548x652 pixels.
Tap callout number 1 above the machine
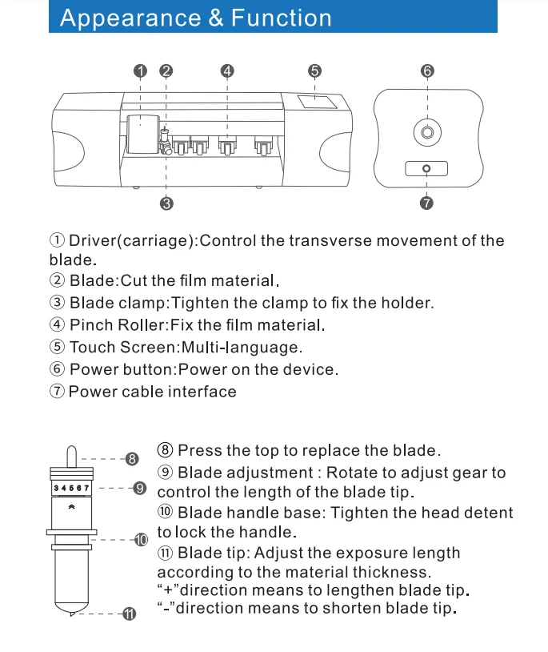tap(141, 70)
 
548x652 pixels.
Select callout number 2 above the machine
tap(166, 70)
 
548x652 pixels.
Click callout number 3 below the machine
tap(166, 203)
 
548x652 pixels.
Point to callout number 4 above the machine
tap(227, 70)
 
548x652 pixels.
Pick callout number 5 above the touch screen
tap(314, 70)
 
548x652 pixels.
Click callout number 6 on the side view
tap(427, 70)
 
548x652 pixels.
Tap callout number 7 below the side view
tap(426, 203)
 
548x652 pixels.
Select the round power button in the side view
tap(426, 131)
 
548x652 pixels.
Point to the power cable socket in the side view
tap(426, 168)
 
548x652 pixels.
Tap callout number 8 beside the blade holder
tap(133, 459)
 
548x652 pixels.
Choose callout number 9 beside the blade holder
tap(140, 488)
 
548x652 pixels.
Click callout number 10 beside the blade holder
tap(141, 540)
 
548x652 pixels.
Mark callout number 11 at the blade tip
tap(130, 614)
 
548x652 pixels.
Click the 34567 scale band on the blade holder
tap(72, 487)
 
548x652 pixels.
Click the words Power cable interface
tap(153, 392)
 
